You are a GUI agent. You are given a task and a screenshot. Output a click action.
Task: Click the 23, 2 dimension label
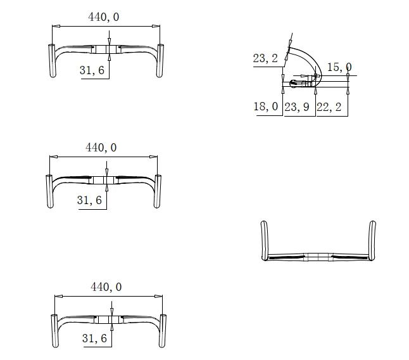[265, 58]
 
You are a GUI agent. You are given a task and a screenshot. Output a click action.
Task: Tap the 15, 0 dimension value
[339, 67]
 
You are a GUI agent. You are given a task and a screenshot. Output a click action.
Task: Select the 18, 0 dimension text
[266, 106]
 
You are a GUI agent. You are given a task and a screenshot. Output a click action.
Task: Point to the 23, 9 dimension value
[297, 107]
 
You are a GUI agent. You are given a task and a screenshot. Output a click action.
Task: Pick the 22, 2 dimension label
[329, 107]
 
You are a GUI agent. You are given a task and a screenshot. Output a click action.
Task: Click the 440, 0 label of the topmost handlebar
[104, 17]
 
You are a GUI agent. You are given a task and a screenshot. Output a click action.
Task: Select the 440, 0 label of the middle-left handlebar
[101, 148]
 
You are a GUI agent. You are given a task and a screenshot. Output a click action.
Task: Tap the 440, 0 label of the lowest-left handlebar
[106, 287]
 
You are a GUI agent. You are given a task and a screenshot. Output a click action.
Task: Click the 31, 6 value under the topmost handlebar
[92, 70]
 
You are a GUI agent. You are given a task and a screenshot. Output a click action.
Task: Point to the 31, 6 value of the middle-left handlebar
[89, 200]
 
